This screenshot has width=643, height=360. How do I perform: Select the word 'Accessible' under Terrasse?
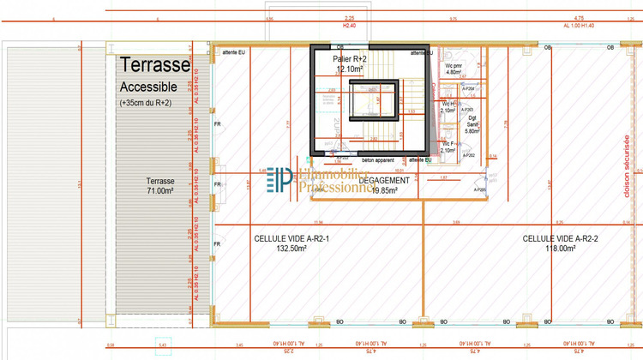(148, 87)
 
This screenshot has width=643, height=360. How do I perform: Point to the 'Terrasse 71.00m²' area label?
(159, 186)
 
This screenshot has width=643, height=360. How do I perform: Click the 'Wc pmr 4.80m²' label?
(454, 69)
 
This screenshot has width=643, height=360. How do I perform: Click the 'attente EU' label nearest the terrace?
(234, 52)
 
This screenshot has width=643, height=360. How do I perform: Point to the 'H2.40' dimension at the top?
(349, 25)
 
